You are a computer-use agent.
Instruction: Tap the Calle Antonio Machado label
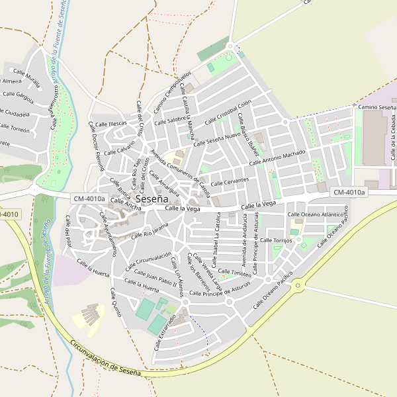277,158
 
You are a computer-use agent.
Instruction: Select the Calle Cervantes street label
230,181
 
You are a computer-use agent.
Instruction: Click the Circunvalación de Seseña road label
105,358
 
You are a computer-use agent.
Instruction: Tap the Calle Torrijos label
276,240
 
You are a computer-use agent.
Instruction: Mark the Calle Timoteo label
235,273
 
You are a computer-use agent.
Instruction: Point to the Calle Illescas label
110,124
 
